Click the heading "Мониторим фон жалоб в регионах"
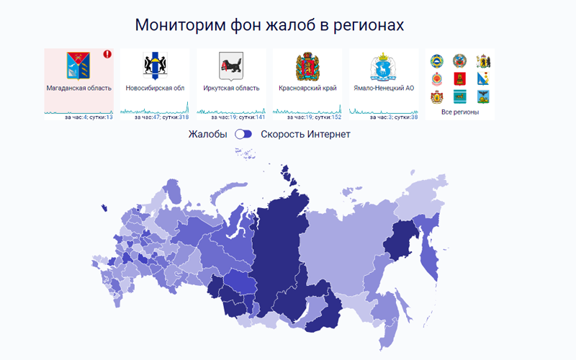coord(269,24)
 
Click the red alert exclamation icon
coord(107,54)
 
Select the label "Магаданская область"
coord(79,89)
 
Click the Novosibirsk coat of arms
coord(155,66)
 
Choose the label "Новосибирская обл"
coord(155,89)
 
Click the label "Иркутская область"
coord(232,89)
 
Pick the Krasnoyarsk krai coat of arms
coord(307,66)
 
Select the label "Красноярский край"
coord(307,89)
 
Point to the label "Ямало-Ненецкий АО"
coord(384,89)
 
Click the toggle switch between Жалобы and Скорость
coord(245,134)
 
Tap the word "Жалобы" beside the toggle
coord(208,134)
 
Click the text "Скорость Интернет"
coord(305,134)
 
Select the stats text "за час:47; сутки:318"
coord(162,117)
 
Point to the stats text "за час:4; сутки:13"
coord(89,117)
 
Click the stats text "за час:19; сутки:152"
coord(314,117)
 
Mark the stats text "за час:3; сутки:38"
coord(393,117)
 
